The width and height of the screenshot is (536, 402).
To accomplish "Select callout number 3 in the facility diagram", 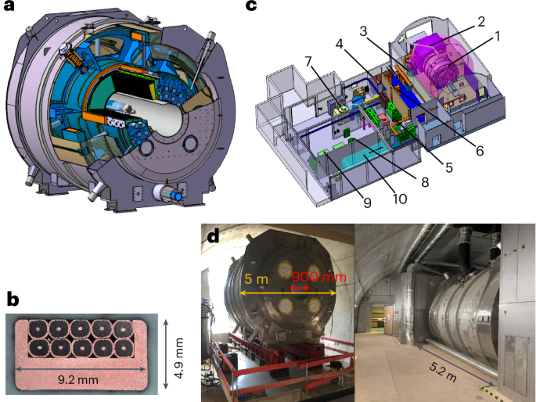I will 387,31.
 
